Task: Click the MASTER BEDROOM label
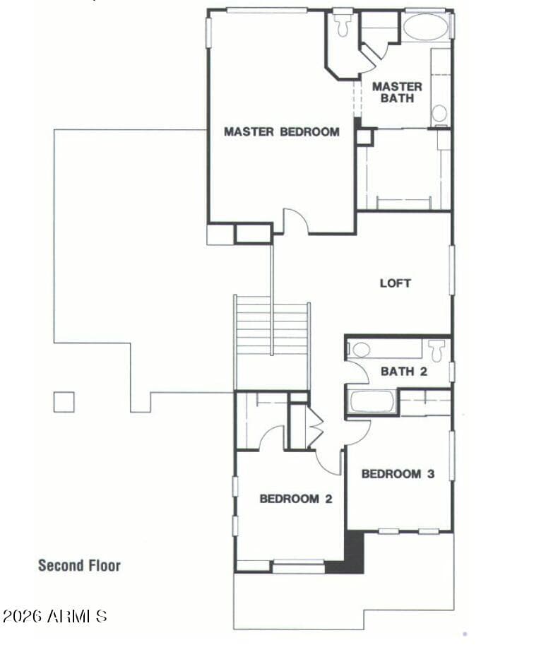(x=282, y=131)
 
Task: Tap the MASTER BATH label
(x=397, y=92)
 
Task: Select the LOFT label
(x=395, y=283)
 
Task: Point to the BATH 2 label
(x=404, y=372)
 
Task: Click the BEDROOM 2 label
(x=296, y=499)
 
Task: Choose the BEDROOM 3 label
(x=398, y=474)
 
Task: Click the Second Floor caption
(x=79, y=566)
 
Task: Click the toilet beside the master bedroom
(x=343, y=25)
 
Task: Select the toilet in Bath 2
(x=437, y=350)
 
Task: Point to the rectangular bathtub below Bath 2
(x=372, y=401)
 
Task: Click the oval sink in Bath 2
(x=361, y=350)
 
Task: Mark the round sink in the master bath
(x=439, y=113)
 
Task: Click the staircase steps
(x=272, y=329)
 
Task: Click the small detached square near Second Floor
(x=64, y=402)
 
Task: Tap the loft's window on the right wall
(x=451, y=270)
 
